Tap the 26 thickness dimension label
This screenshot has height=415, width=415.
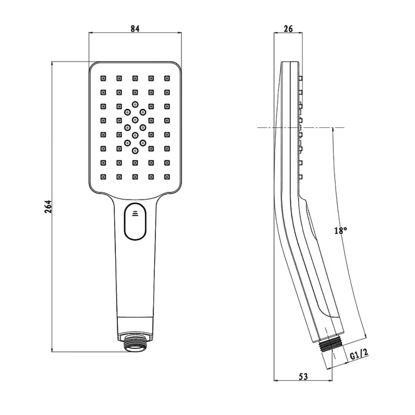(x=289, y=29)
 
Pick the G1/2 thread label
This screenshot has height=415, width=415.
(x=359, y=355)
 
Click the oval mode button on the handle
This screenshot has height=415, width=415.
(x=135, y=222)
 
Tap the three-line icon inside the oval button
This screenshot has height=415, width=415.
(x=135, y=214)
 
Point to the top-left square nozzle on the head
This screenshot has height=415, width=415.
(x=103, y=78)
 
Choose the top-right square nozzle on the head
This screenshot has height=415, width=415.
(x=167, y=78)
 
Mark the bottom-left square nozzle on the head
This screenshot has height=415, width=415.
(x=103, y=177)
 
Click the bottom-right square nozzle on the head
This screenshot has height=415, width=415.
(x=167, y=177)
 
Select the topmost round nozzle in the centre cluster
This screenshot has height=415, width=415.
(x=135, y=104)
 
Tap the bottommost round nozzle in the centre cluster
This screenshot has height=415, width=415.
(x=135, y=151)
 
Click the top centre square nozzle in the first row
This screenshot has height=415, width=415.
(x=135, y=78)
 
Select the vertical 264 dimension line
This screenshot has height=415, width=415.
(x=52, y=270)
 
